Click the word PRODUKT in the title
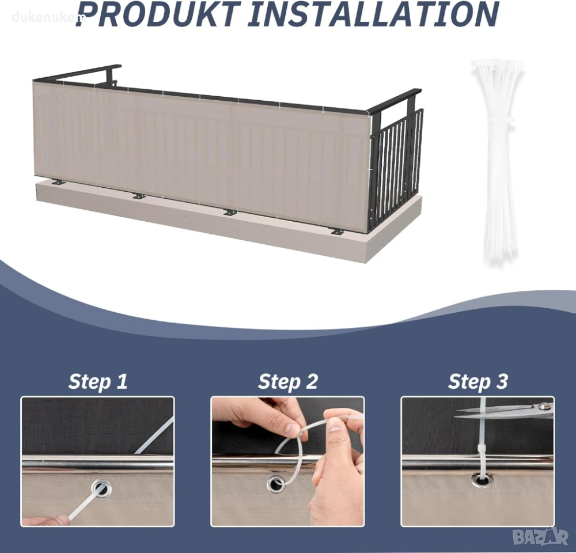coord(158,15)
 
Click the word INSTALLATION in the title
coord(373,15)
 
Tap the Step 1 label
coord(98,382)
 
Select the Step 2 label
coord(287,382)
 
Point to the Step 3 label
coord(478,382)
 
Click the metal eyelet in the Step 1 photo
coord(100,490)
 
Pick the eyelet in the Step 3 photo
coord(480,479)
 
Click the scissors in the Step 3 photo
coord(503,411)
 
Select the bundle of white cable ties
coord(498,162)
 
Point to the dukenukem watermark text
coord(47,17)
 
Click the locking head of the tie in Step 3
coord(481,449)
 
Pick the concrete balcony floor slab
coord(228,217)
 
